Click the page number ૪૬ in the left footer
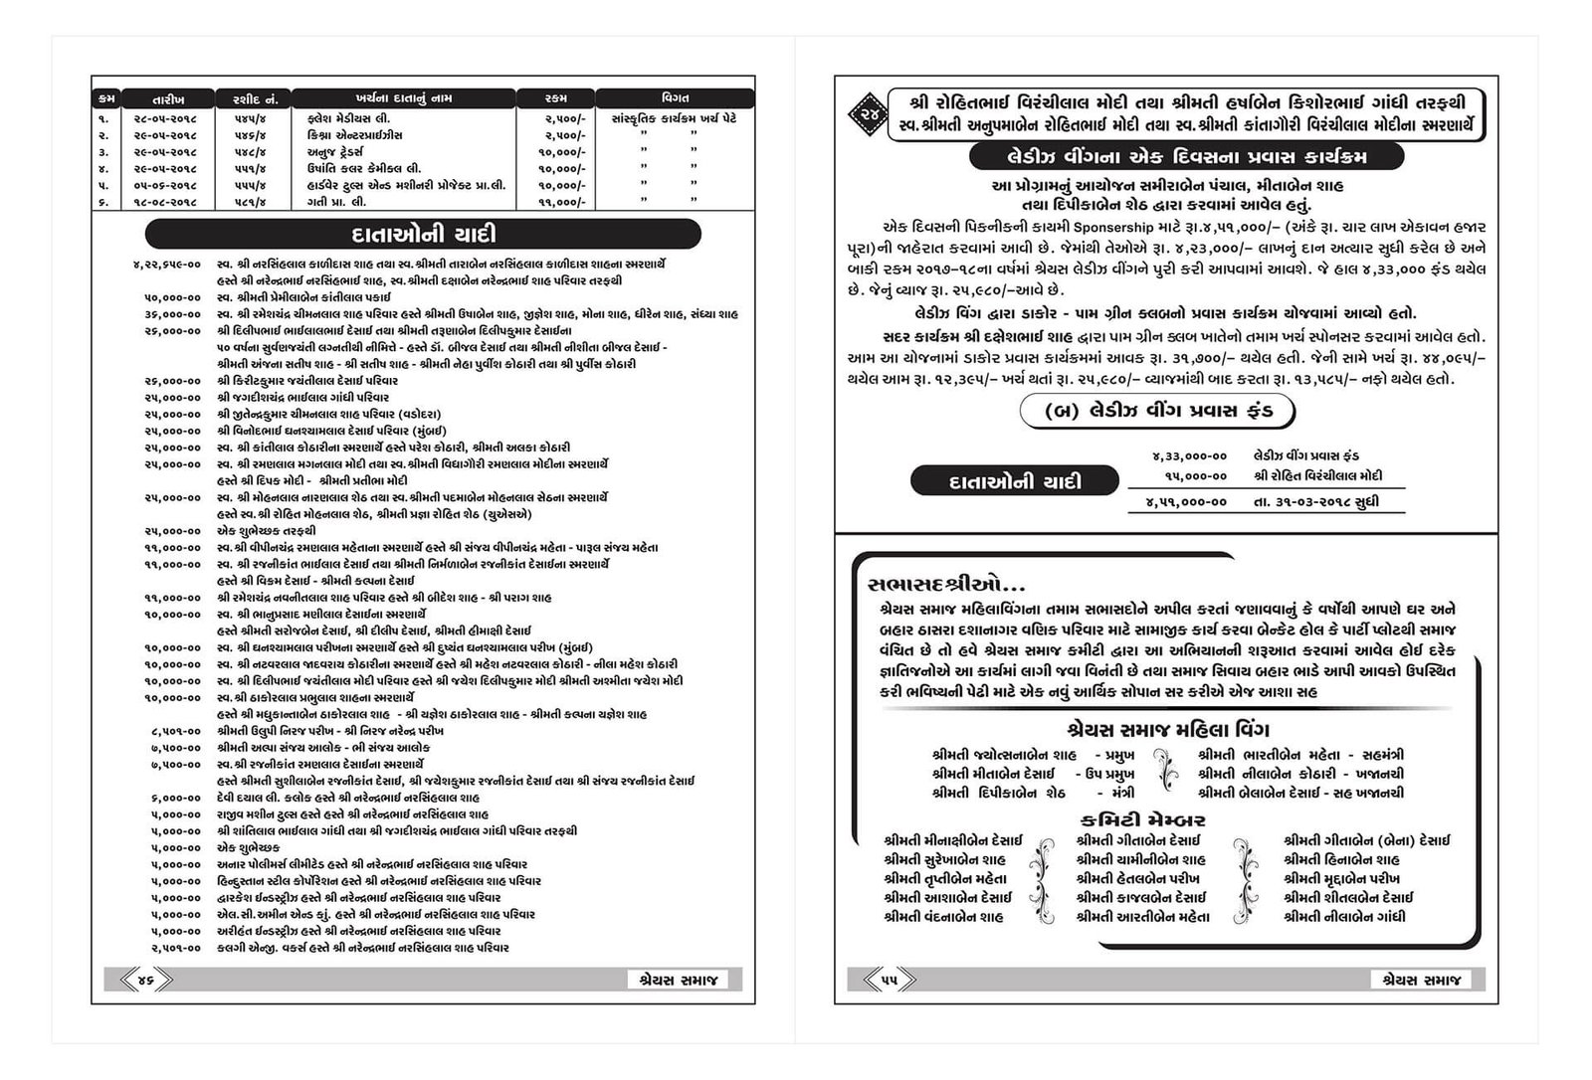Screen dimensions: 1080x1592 [145, 981]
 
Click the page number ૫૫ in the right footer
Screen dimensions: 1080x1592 [889, 981]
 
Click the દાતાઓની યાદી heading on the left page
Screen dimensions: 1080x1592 [424, 236]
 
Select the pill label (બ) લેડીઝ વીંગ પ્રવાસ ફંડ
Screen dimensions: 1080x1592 [1160, 411]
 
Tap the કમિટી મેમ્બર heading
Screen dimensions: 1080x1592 [1142, 820]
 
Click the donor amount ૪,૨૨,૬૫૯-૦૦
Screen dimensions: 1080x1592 [166, 265]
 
